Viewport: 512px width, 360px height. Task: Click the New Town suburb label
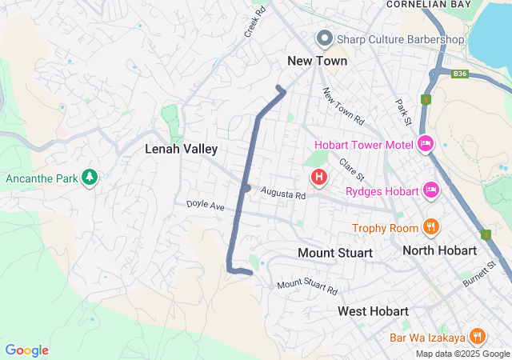click(x=318, y=61)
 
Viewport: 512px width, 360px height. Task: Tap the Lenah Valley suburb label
click(x=182, y=149)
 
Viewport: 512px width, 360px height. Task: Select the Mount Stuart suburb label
click(x=335, y=253)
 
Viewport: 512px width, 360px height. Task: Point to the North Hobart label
click(x=440, y=250)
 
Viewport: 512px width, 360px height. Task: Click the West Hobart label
click(x=373, y=310)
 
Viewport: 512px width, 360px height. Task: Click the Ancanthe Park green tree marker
click(x=90, y=176)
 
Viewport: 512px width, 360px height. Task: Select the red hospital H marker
click(x=319, y=176)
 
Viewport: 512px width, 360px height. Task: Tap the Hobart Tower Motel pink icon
click(x=426, y=144)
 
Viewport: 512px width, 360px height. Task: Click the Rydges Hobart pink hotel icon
click(x=432, y=190)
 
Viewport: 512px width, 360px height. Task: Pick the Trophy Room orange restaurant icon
click(x=431, y=226)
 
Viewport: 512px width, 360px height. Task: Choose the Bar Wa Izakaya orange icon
click(x=478, y=336)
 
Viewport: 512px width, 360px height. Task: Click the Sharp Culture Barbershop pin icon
click(x=325, y=38)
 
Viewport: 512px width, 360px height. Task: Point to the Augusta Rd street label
click(x=282, y=194)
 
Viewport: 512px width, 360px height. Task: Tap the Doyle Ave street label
click(x=206, y=205)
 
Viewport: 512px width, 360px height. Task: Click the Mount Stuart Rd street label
click(x=307, y=286)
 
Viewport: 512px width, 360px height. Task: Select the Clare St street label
click(x=352, y=169)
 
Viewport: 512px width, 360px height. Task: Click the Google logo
click(x=26, y=350)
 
